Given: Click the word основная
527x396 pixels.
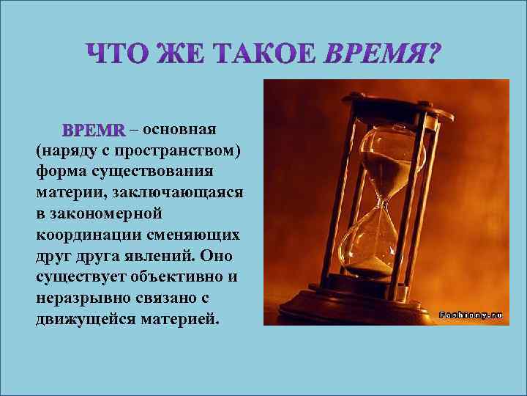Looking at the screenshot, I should (180, 130).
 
